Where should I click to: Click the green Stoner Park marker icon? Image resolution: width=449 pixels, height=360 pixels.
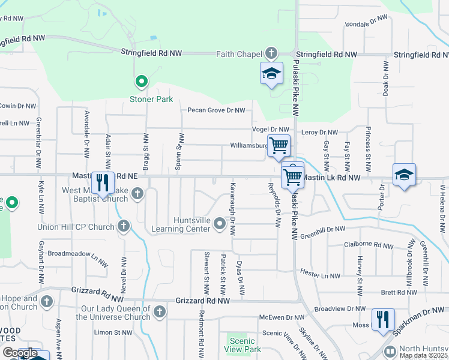(x=141, y=80)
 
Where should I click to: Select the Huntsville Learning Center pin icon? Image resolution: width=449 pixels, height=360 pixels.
(x=219, y=224)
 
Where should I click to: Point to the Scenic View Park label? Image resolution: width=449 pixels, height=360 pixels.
(x=243, y=345)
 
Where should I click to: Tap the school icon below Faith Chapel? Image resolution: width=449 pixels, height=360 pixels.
(x=271, y=74)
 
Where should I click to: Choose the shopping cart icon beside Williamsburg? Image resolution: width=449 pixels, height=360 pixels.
(x=279, y=145)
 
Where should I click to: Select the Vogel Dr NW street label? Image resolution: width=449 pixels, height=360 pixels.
(x=271, y=130)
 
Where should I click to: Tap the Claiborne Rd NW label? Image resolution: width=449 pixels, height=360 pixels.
(x=369, y=244)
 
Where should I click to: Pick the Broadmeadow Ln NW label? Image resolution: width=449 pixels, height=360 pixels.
(x=77, y=257)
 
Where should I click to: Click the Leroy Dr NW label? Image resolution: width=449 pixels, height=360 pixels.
(x=320, y=132)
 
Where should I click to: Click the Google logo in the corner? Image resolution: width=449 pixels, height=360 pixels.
(x=20, y=353)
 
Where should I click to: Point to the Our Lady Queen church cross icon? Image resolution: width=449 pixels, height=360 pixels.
(x=159, y=311)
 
